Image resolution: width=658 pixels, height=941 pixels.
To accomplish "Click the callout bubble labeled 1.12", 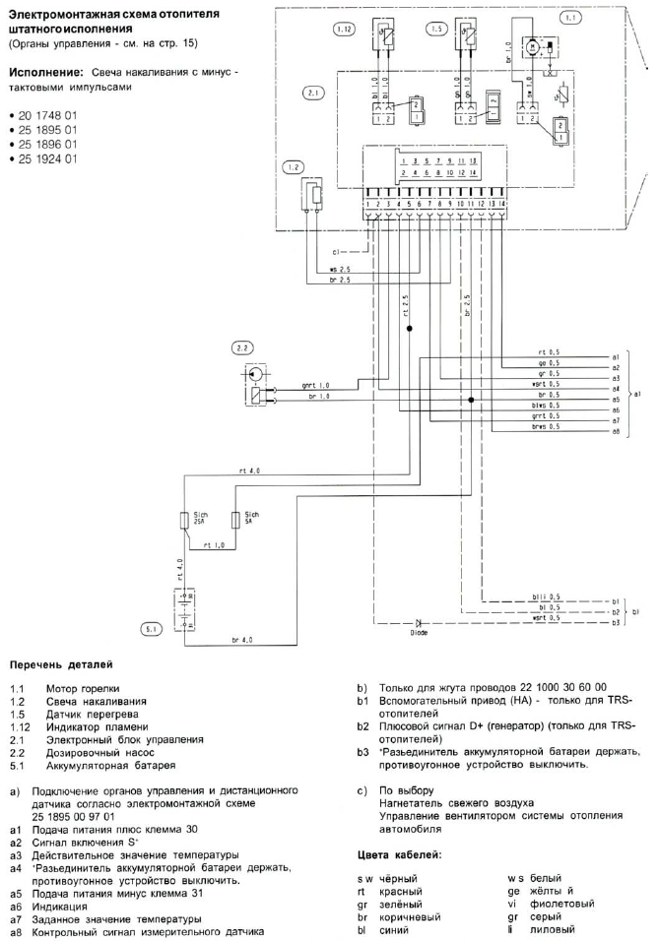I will tap(344, 31).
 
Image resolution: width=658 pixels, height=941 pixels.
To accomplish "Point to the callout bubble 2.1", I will tap(314, 94).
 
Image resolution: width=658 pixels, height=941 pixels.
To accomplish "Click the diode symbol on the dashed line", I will tap(419, 623).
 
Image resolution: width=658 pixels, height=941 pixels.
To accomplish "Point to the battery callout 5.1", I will tap(151, 627).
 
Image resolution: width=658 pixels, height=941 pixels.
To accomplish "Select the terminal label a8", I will tap(616, 431).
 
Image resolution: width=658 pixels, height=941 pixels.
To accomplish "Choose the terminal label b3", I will tap(615, 624).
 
